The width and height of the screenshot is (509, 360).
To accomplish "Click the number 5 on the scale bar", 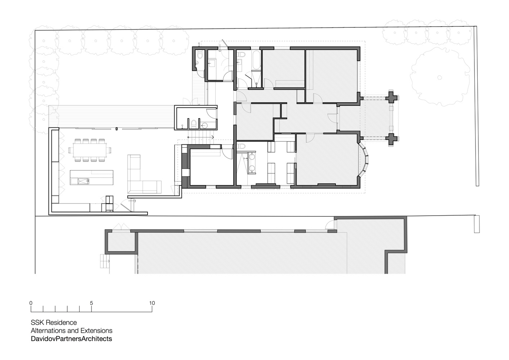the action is [91, 303].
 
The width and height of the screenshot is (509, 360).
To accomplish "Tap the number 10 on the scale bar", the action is [152, 303].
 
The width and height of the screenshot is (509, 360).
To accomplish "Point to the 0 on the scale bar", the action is [31, 303].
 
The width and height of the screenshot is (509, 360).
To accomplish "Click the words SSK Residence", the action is [54, 323].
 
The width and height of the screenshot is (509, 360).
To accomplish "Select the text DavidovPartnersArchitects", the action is [71, 339].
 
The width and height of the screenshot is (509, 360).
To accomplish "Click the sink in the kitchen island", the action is [84, 181].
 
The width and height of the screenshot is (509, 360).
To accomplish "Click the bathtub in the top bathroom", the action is [257, 60].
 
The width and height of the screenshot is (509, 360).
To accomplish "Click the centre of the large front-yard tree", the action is [440, 77].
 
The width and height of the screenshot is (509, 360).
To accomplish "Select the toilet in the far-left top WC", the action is [200, 55].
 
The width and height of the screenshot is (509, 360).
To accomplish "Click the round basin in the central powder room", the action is [204, 125].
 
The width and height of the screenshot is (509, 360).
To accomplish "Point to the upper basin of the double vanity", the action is [252, 157].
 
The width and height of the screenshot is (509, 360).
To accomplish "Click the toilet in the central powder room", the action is [194, 123].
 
